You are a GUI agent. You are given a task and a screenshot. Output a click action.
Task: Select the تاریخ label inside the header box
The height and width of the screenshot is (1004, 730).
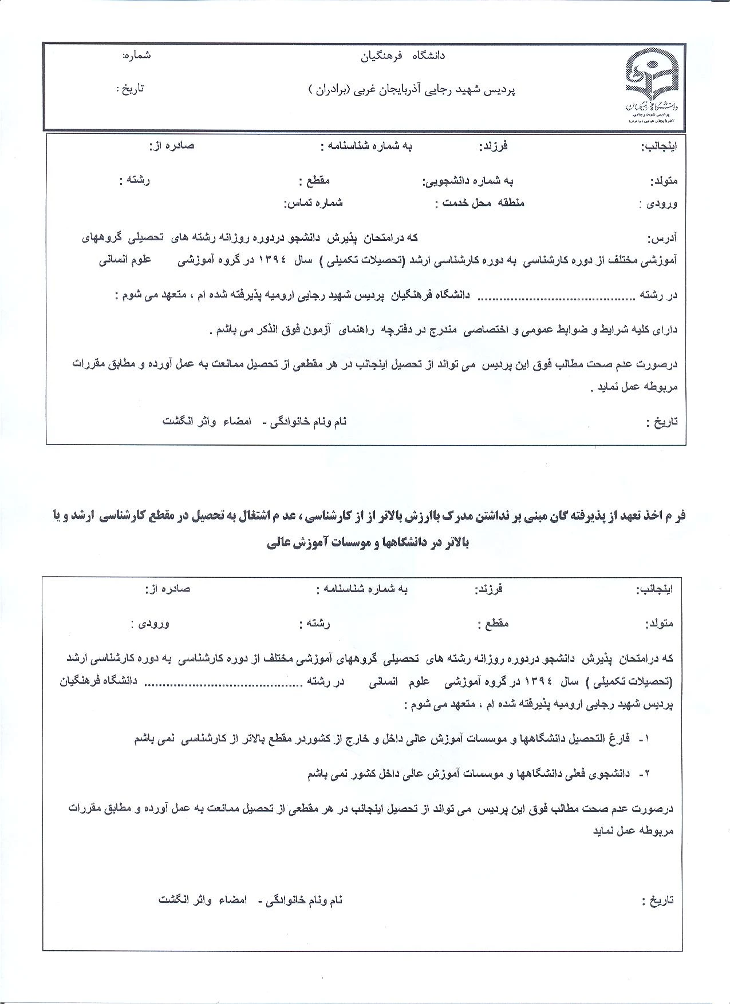[131, 89]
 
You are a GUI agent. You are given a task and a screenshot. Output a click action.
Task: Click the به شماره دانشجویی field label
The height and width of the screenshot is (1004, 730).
[468, 181]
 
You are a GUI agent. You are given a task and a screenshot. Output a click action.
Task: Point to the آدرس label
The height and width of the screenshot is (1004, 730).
[662, 238]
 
